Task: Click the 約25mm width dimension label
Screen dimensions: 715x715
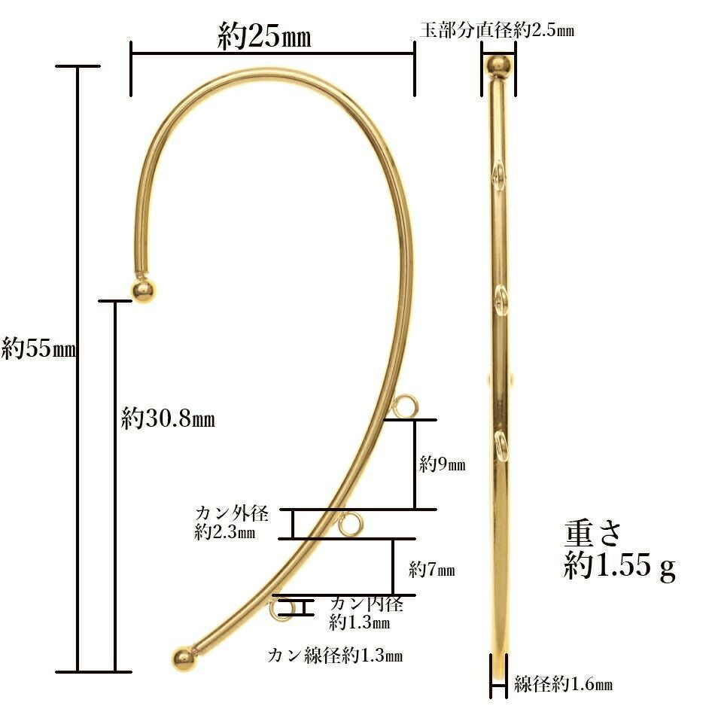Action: [264, 35]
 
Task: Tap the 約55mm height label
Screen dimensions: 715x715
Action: [38, 348]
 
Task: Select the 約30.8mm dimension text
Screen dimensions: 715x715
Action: [169, 418]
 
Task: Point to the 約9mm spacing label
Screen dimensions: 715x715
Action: [443, 464]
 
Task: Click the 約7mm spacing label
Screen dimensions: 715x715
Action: [432, 569]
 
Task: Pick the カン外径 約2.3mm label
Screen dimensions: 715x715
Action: [232, 522]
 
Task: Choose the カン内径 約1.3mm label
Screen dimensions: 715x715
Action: [367, 613]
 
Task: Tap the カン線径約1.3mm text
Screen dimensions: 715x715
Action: [335, 656]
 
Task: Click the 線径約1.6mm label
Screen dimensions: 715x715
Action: [563, 683]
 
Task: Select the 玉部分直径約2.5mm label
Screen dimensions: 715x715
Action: [497, 30]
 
